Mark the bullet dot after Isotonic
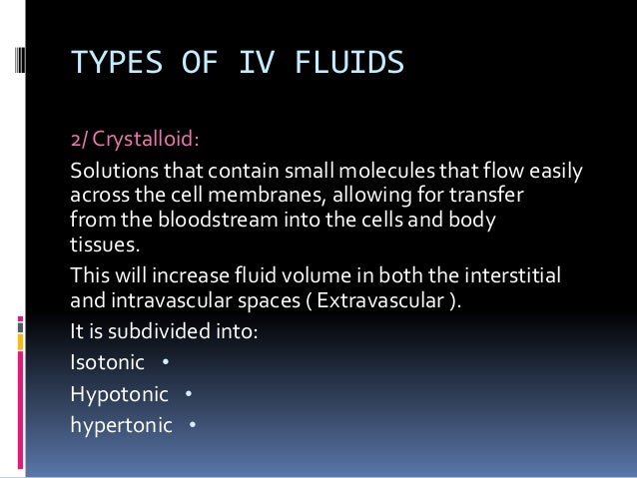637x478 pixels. (x=165, y=363)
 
